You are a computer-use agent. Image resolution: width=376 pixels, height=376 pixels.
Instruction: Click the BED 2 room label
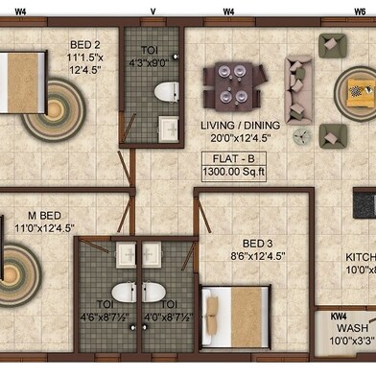[x=85, y=45]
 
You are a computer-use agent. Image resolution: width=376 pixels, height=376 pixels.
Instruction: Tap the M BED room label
[x=43, y=215]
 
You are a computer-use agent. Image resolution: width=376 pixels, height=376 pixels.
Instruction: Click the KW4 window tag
[x=339, y=316]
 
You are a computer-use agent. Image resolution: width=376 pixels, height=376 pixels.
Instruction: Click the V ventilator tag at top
[x=153, y=11]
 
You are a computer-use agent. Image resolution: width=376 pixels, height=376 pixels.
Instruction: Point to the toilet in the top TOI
[x=167, y=92]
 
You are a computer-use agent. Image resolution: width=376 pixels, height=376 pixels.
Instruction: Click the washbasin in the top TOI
[x=168, y=127]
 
